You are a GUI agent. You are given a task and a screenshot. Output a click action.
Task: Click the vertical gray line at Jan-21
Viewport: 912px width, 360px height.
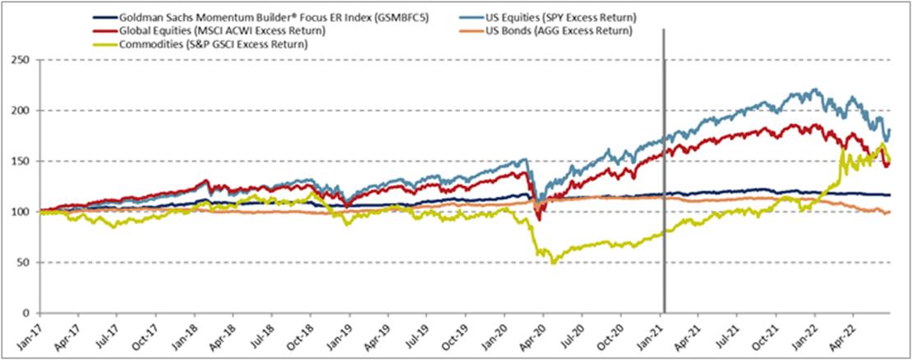(663, 164)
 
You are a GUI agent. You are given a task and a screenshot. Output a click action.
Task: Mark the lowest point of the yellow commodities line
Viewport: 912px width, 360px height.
(554, 262)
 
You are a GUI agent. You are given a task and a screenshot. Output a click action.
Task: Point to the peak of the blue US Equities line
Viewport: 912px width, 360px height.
(814, 89)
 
